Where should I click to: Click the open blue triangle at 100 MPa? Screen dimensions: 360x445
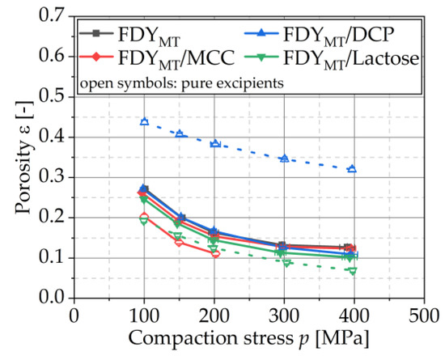(x=144, y=121)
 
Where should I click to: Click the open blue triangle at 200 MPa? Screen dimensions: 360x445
(x=214, y=143)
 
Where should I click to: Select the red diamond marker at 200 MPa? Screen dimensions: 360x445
(x=215, y=254)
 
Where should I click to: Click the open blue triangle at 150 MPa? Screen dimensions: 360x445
(x=180, y=133)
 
